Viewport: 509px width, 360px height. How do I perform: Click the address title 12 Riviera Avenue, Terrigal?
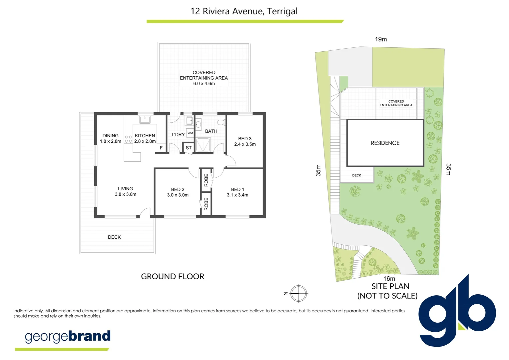point(244,11)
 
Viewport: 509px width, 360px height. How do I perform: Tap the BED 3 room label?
point(245,139)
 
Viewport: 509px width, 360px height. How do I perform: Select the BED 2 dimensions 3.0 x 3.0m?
point(178,195)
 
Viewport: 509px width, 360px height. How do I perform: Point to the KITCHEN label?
point(145,136)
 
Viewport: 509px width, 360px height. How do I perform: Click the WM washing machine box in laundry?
point(190,133)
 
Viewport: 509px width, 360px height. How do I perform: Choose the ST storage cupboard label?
point(189,148)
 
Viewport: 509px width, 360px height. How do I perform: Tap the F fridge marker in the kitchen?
point(161,148)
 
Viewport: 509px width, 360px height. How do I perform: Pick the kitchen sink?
point(145,119)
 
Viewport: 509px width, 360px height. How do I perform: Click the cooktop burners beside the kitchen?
point(129,139)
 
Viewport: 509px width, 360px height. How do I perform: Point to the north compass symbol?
point(298,294)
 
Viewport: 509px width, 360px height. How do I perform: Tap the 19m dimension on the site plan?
point(381,39)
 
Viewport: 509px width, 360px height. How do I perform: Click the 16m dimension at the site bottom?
point(389,279)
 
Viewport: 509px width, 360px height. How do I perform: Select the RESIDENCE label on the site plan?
point(385,143)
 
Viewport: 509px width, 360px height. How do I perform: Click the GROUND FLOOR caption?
point(173,277)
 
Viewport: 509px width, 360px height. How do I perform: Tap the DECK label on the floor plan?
point(114,237)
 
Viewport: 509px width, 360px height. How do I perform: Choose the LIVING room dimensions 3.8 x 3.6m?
point(125,194)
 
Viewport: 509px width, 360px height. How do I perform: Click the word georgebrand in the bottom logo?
point(68,336)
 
